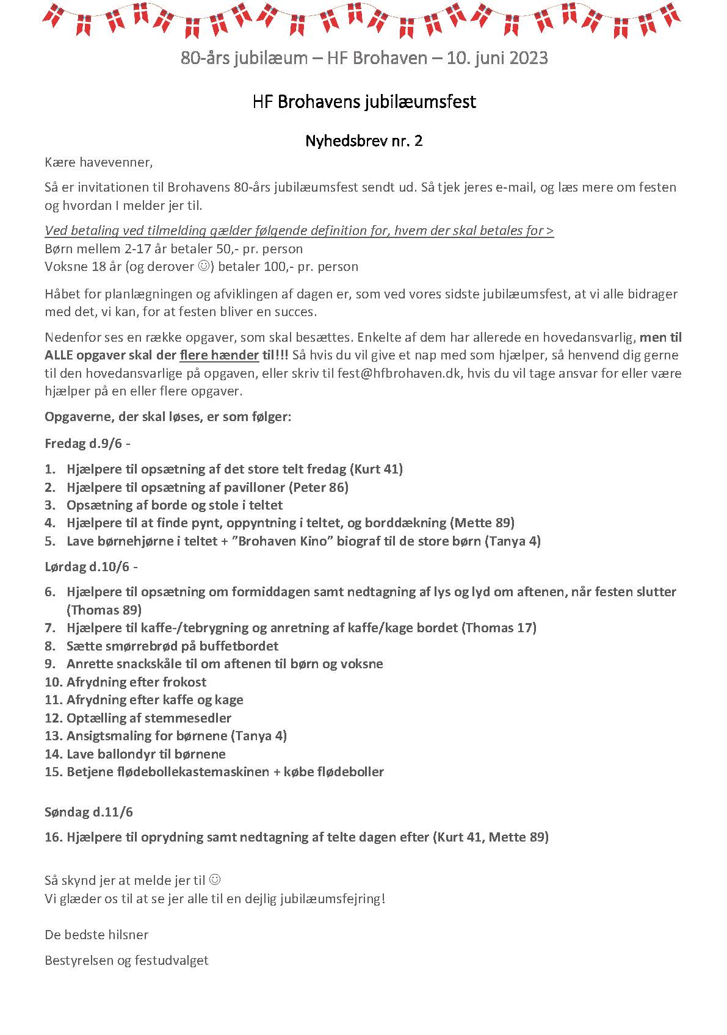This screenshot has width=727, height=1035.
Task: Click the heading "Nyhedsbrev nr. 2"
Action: pyautogui.click(x=364, y=141)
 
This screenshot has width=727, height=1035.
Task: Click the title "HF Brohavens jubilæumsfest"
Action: pyautogui.click(x=364, y=101)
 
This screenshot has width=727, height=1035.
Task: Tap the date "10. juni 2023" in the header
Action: pyautogui.click(x=497, y=59)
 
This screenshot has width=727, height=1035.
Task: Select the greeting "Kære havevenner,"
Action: pyautogui.click(x=99, y=162)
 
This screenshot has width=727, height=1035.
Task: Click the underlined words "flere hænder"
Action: pyautogui.click(x=219, y=355)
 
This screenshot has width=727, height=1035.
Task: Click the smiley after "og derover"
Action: pyautogui.click(x=204, y=267)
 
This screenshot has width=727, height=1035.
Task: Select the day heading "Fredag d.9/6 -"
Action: pyautogui.click(x=87, y=444)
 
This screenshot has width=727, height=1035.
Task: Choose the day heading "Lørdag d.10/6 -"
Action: pyautogui.click(x=91, y=566)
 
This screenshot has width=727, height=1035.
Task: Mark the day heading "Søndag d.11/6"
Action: pyautogui.click(x=89, y=812)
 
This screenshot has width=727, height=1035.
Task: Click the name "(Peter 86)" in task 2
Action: pyautogui.click(x=319, y=487)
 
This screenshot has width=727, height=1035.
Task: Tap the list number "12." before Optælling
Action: pyautogui.click(x=53, y=718)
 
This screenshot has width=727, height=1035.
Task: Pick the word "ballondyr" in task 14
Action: pyautogui.click(x=126, y=754)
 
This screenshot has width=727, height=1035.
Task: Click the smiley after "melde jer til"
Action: pyautogui.click(x=215, y=880)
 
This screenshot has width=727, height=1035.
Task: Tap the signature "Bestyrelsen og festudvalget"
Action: pyautogui.click(x=126, y=961)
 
